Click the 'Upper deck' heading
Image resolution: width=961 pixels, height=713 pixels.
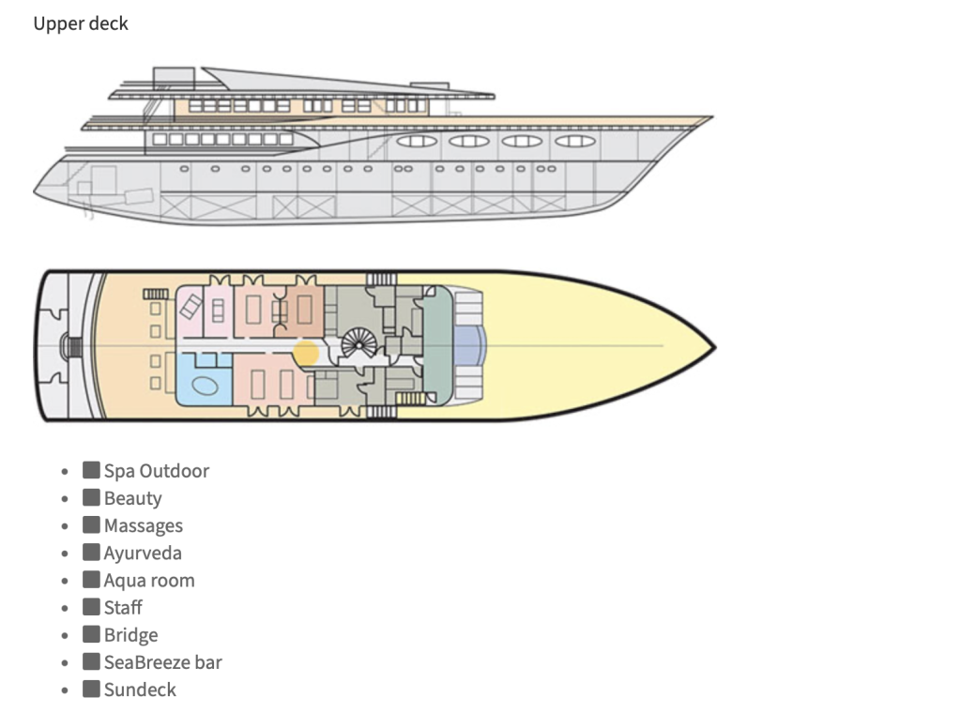coord(81,24)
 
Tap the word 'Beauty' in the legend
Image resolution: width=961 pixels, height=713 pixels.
coord(132,498)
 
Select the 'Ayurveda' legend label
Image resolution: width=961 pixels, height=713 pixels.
coord(143,553)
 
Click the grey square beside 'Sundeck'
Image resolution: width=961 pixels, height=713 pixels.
coord(91,689)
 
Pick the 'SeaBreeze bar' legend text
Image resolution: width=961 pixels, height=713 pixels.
coord(162,662)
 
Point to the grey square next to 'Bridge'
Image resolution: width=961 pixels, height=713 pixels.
coord(91,634)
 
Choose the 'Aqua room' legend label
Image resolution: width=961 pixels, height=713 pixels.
coord(149,580)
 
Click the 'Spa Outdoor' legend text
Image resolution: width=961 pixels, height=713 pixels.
coord(156,471)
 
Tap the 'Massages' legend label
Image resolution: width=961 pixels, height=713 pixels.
coord(143,525)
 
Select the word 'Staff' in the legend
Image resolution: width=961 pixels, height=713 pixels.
coord(123,607)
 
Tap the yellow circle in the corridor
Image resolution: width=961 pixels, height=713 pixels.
coord(306,353)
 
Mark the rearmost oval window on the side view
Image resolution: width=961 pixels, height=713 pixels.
coord(416,141)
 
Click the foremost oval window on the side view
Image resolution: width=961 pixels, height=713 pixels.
coord(574,141)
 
